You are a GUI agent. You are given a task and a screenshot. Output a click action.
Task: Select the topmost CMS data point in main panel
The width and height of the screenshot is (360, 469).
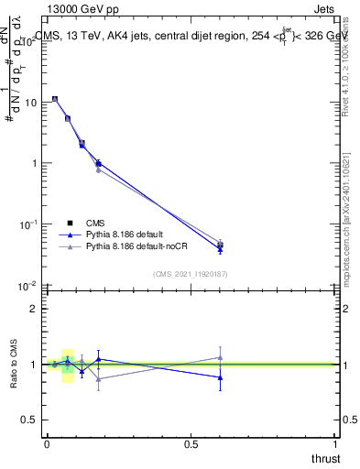[x=55, y=99]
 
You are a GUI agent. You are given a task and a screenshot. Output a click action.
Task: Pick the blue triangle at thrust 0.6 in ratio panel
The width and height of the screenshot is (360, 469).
[x=220, y=377]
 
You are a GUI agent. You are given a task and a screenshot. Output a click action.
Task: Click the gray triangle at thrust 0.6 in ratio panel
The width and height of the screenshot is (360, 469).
[x=220, y=357]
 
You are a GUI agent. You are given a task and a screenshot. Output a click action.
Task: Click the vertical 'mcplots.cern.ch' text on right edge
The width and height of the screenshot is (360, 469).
[x=351, y=229]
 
